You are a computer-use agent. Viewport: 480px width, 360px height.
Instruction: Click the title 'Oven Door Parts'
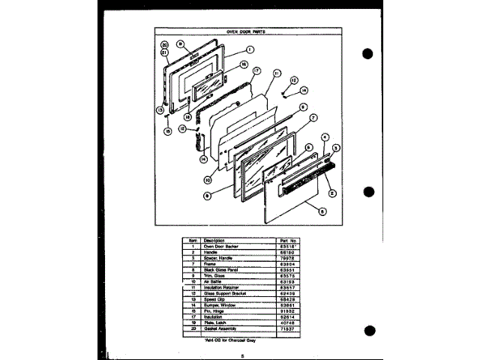pyautogui.click(x=247, y=32)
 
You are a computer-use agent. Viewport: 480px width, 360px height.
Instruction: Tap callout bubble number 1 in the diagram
pyautogui.click(x=247, y=50)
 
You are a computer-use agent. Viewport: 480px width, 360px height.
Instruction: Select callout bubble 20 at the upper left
pyautogui.click(x=164, y=44)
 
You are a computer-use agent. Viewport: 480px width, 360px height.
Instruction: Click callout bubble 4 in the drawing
pyautogui.click(x=324, y=136)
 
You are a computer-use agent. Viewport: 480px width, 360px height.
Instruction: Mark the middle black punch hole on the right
pyautogui.click(x=367, y=190)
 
